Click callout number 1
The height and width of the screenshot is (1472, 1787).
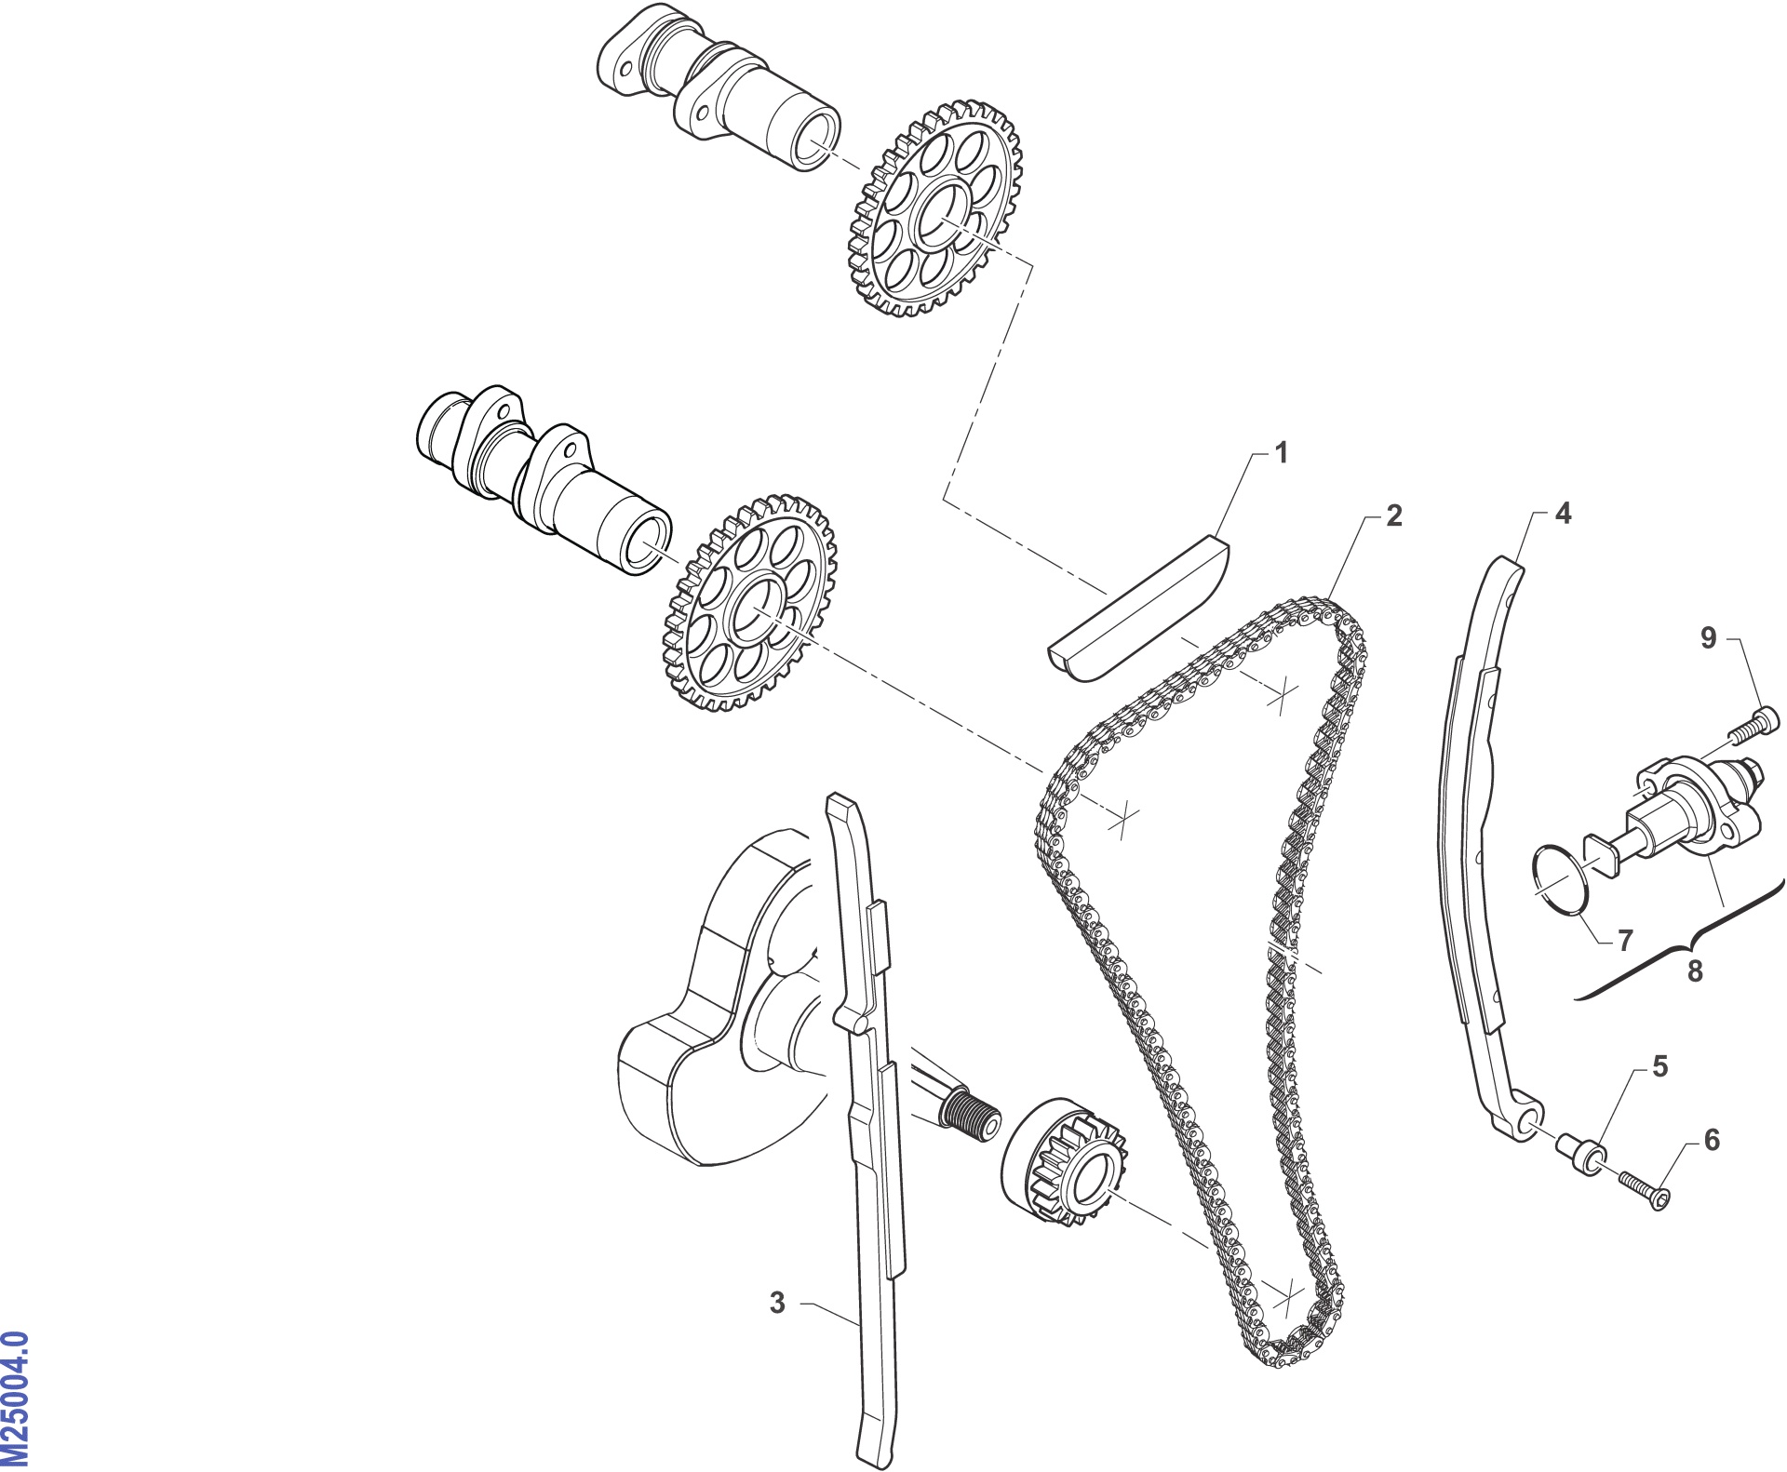point(1282,453)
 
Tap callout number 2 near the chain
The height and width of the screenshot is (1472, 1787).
point(1393,515)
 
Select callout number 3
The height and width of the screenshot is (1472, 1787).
point(777,1303)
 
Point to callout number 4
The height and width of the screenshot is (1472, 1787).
point(1563,513)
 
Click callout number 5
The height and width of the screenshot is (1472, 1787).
point(1660,1066)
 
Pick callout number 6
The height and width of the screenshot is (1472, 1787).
point(1712,1140)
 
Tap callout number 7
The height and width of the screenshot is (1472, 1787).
point(1625,941)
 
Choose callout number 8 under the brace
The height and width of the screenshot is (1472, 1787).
point(1695,971)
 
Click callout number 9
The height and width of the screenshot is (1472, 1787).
point(1708,637)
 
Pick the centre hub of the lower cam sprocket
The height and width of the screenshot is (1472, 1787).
point(759,609)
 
